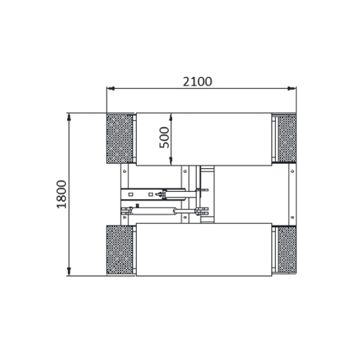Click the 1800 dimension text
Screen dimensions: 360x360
click(62, 194)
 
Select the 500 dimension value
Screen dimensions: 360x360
click(164, 138)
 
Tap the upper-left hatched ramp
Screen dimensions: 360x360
click(120, 138)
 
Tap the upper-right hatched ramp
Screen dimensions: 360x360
click(286, 138)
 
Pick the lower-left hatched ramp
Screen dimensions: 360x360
click(120, 250)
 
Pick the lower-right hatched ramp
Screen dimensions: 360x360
click(286, 250)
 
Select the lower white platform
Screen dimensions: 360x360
click(204, 250)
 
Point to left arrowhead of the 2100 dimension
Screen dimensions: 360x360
click(110, 89)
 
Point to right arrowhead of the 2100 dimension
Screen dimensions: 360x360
click(294, 89)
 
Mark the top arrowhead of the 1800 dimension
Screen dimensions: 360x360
click(70, 116)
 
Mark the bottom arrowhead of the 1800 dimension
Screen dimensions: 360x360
click(70, 273)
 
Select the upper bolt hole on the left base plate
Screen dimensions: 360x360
click(125, 170)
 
